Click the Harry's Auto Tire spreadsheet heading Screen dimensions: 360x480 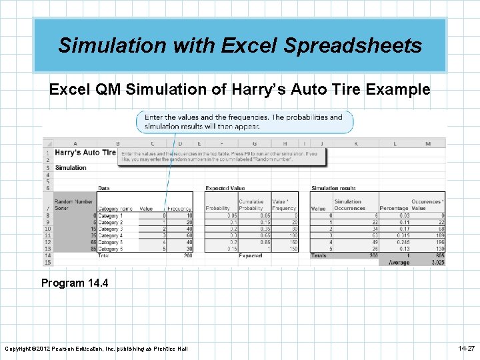point(85,153)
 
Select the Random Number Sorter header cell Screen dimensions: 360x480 point(73,205)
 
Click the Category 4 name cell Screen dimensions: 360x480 point(110,235)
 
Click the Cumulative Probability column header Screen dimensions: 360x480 point(251,205)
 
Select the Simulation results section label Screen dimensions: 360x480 point(334,188)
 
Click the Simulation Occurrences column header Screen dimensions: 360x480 point(349,205)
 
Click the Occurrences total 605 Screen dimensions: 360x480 point(437,255)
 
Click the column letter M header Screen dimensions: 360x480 point(427,143)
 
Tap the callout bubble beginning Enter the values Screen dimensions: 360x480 point(244,121)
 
